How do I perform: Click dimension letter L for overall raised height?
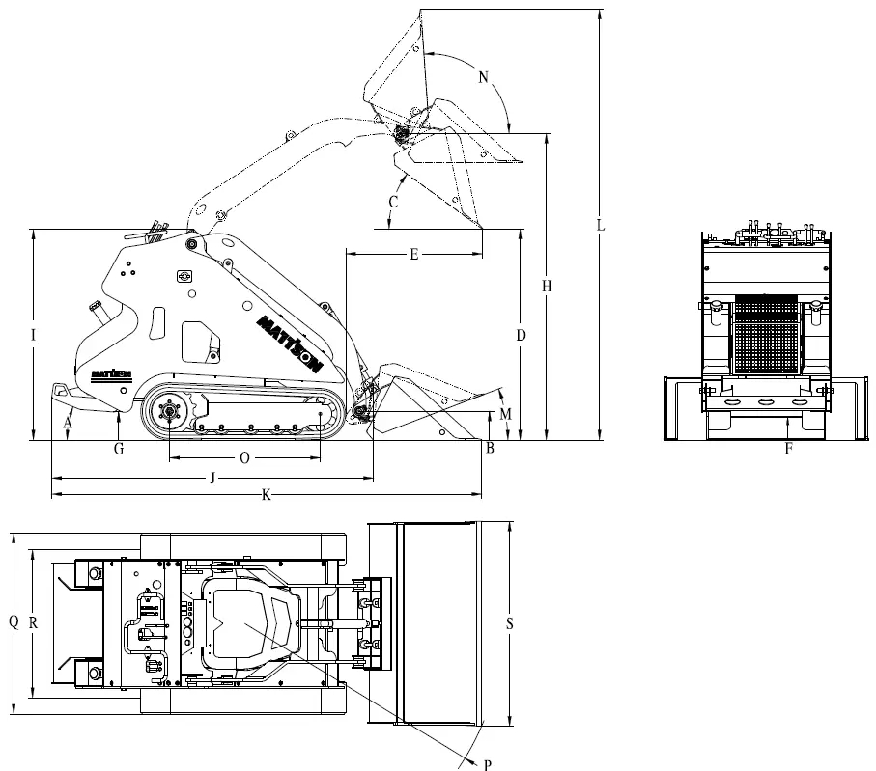[x=600, y=226]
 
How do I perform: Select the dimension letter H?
[x=547, y=287]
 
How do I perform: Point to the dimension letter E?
[x=413, y=255]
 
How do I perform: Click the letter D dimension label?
[x=521, y=335]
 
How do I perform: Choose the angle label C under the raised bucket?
[x=393, y=202]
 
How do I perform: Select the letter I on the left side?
[x=33, y=335]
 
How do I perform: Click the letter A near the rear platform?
[x=68, y=422]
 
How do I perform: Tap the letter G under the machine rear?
[x=118, y=449]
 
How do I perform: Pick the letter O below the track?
[x=243, y=459]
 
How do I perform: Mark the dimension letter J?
[x=212, y=477]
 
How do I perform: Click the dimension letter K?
[x=266, y=495]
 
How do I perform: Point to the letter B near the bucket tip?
[x=490, y=448]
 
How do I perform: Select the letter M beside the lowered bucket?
[x=506, y=414]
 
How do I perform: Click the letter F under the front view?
[x=788, y=448]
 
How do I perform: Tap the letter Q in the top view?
[x=14, y=623]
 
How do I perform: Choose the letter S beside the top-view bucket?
[x=509, y=623]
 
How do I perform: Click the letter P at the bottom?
[x=487, y=763]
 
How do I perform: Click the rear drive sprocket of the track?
[x=170, y=413]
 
